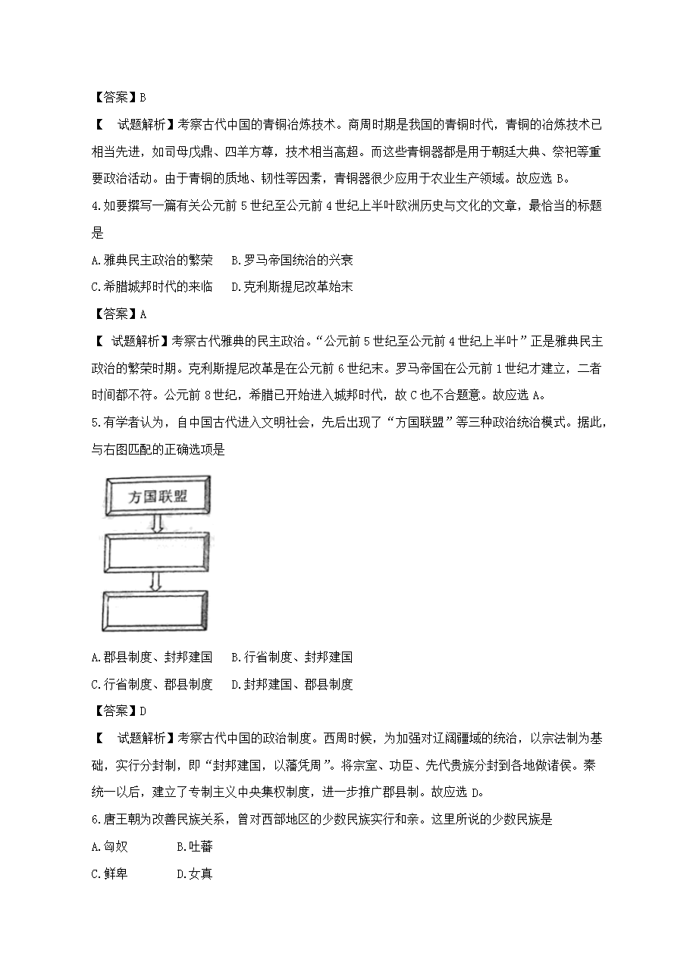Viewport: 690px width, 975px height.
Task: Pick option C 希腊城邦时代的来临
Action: tap(151, 287)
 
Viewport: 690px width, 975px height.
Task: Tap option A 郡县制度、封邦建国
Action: tap(151, 657)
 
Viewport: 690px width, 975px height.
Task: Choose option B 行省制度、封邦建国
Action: tap(292, 657)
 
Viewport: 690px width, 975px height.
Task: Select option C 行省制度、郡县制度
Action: tap(151, 684)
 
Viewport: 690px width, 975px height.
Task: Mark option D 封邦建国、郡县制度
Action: tap(292, 684)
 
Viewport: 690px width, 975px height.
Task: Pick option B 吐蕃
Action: tap(194, 847)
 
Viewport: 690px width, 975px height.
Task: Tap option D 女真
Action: tap(194, 874)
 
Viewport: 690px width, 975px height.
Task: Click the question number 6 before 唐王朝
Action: tap(94, 820)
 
